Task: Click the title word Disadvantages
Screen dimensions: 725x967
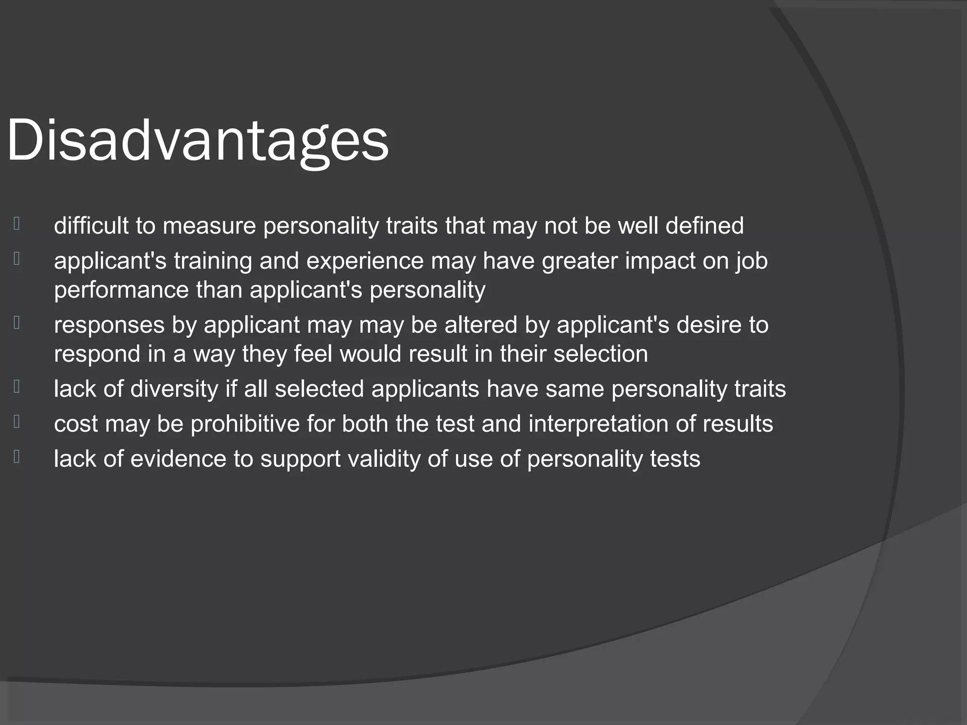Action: (197, 141)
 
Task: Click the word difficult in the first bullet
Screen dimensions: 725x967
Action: (91, 226)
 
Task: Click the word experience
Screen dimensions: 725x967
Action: (365, 261)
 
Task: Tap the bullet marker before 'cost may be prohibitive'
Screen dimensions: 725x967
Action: (17, 421)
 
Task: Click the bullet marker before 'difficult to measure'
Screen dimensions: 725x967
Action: (17, 223)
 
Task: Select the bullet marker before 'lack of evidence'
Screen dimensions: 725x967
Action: (17, 456)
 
